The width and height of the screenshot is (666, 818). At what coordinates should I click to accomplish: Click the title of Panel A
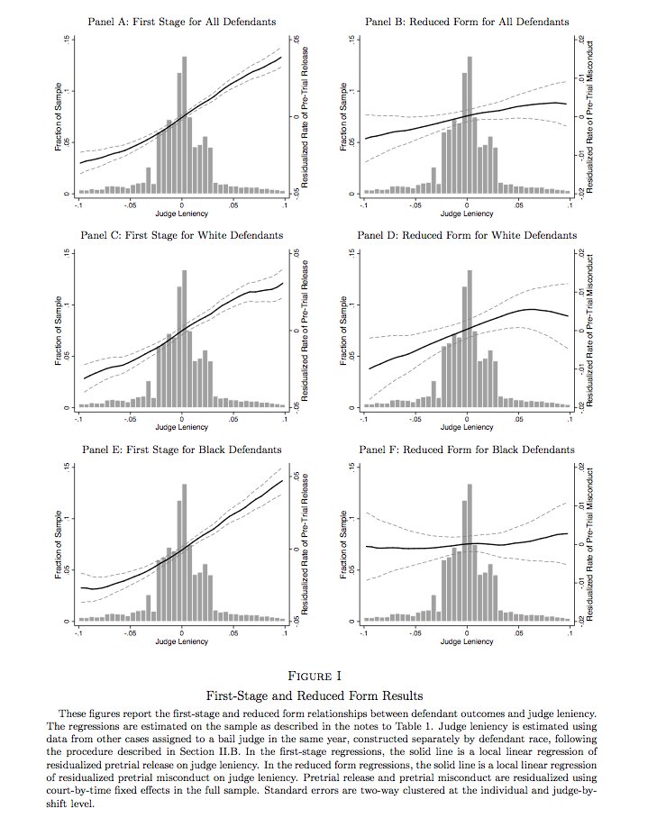182,21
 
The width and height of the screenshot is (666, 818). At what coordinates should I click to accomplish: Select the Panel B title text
467,21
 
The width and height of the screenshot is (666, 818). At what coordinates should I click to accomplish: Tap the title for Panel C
182,235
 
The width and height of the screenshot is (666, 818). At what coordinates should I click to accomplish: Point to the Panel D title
467,235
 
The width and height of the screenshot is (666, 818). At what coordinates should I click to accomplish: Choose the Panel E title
182,449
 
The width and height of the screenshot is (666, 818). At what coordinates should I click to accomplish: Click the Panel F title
467,449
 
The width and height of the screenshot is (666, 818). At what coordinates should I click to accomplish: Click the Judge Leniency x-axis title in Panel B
467,214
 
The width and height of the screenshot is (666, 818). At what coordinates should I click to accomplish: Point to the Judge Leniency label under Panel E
182,641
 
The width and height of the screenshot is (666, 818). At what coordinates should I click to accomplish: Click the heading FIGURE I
333,676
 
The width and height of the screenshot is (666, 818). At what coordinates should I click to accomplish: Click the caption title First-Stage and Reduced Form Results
333,695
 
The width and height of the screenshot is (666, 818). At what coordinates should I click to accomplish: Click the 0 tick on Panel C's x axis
182,418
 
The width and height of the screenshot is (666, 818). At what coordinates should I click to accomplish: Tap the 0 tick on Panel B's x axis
467,204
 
